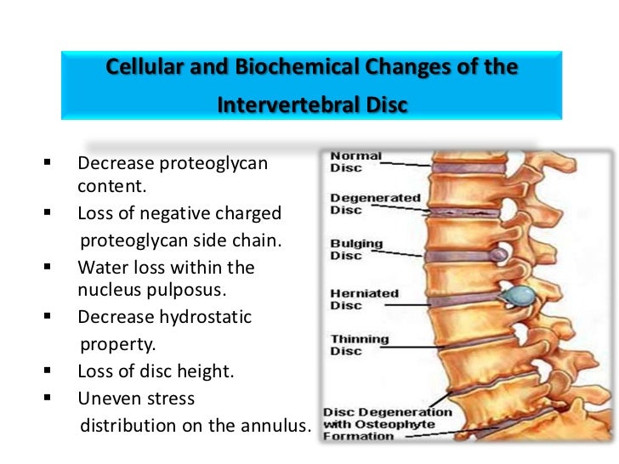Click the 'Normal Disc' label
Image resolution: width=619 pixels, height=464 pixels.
[355, 161]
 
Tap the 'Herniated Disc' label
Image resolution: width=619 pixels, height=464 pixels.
[364, 299]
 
